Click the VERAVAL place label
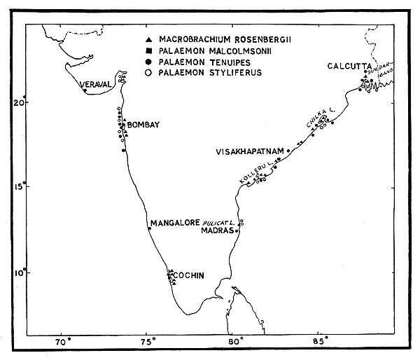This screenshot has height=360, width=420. (x=95, y=85)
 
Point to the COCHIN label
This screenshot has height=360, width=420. (x=190, y=275)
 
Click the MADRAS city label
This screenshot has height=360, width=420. (x=217, y=230)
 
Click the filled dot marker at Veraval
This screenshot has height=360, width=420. (x=85, y=90)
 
